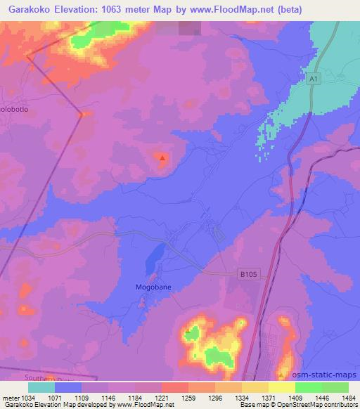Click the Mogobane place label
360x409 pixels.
[153, 287]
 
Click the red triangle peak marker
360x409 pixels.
[162, 157]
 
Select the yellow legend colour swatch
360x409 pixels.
[282, 387]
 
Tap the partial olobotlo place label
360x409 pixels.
[14, 110]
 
